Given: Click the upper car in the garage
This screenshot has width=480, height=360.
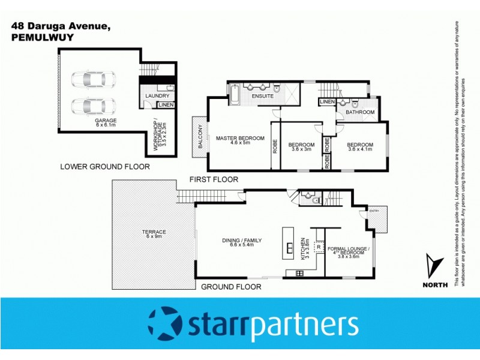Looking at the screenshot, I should click(x=93, y=79).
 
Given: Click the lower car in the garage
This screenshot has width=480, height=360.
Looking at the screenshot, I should click(x=93, y=106).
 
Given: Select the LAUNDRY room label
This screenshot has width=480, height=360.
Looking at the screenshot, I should click(x=158, y=95).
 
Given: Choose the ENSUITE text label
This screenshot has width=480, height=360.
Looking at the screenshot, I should click(x=263, y=96).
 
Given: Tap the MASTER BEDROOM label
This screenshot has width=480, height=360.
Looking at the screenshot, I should click(x=240, y=141).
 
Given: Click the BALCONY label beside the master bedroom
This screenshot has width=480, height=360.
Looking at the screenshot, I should click(x=199, y=137).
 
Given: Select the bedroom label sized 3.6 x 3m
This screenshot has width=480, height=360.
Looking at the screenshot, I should click(x=301, y=148).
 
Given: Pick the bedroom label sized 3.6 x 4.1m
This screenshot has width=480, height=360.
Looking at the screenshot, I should click(x=360, y=148).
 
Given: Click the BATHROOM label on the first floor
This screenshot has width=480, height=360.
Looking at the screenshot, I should click(x=360, y=112).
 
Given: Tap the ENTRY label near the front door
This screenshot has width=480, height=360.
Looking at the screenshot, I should click(x=374, y=211).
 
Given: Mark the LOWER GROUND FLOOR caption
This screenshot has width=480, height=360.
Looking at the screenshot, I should click(x=105, y=166).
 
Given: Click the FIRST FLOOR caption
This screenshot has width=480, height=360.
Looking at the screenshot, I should click(x=214, y=179).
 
